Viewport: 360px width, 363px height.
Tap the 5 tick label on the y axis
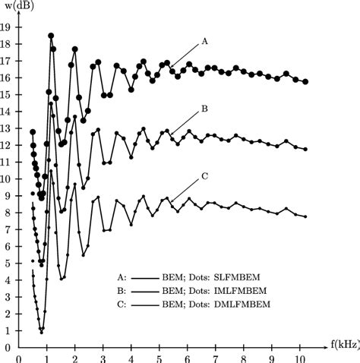[8, 264]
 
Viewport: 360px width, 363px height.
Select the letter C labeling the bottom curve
[205, 176]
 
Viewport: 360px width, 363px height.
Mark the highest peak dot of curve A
[51, 36]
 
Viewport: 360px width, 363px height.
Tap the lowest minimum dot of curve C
[42, 332]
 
